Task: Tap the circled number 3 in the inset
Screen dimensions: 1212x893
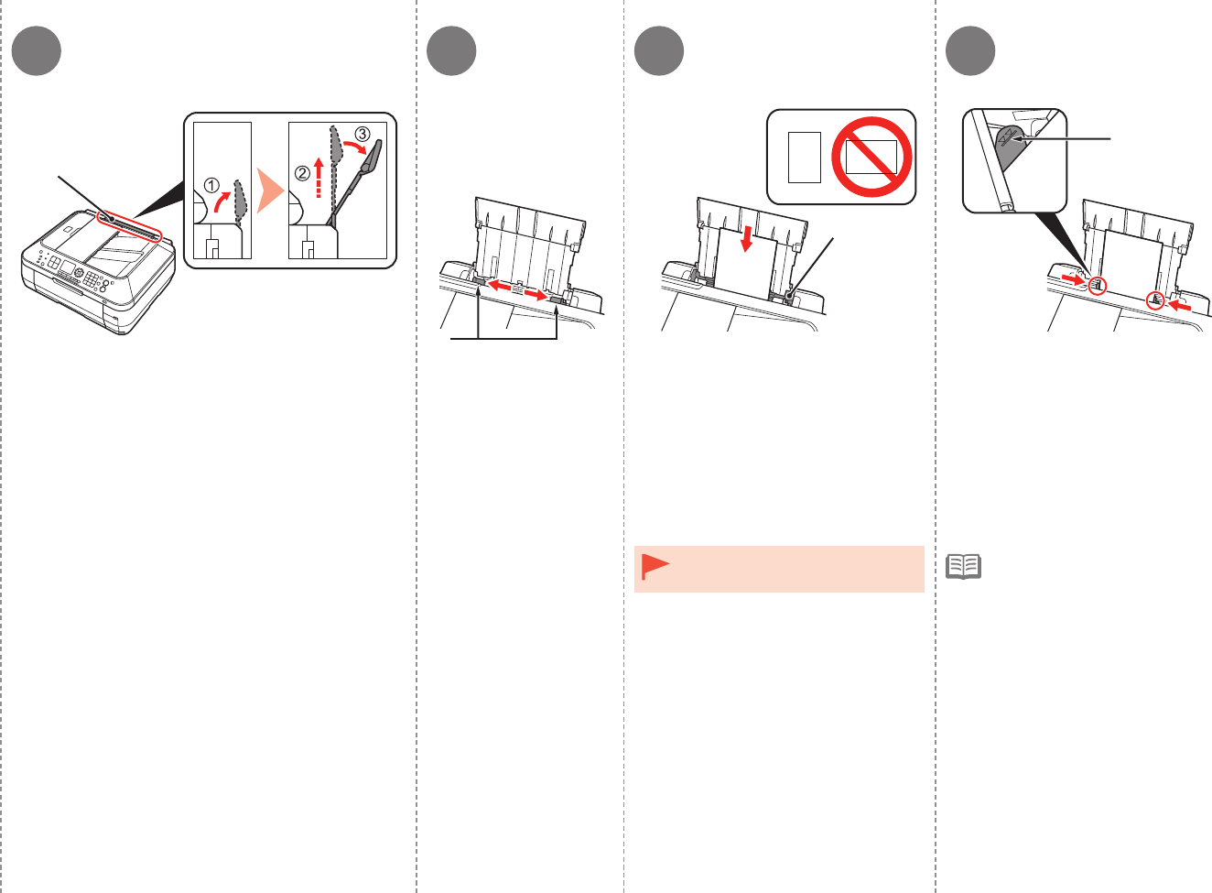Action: pyautogui.click(x=363, y=134)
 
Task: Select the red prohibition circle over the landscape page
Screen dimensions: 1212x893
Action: pyautogui.click(x=871, y=158)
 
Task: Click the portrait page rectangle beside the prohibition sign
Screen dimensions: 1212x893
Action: pyautogui.click(x=805, y=157)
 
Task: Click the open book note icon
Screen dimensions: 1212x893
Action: pyautogui.click(x=963, y=567)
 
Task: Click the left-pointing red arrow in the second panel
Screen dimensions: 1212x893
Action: pyautogui.click(x=500, y=287)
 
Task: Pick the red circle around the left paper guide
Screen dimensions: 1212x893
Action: pyautogui.click(x=1097, y=285)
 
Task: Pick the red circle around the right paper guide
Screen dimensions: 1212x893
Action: pyautogui.click(x=1156, y=299)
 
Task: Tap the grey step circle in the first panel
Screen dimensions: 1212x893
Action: pyautogui.click(x=37, y=50)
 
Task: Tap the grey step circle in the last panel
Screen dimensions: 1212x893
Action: pyautogui.click(x=970, y=50)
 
